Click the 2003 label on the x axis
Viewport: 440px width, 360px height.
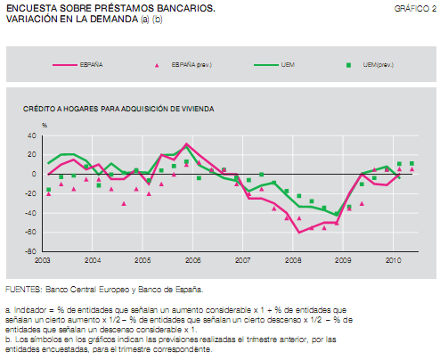(x=43, y=260)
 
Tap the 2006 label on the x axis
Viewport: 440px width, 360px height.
(x=191, y=260)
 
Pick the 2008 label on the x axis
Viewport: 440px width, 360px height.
(x=292, y=260)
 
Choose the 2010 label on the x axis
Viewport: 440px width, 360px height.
(x=392, y=260)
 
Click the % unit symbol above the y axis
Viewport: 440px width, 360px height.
(x=45, y=125)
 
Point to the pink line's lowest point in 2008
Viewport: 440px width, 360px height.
(x=299, y=232)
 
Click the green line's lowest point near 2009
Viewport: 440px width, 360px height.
(x=337, y=215)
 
